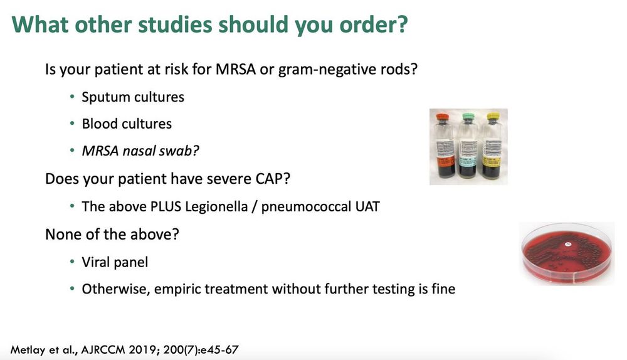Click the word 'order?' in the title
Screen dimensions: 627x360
coord(374,25)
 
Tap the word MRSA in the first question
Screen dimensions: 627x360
coord(236,69)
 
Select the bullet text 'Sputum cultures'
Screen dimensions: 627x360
coord(133,97)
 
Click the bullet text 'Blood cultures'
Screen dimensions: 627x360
coord(127,124)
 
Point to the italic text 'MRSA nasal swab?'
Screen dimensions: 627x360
coord(140,151)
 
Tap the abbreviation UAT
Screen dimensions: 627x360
coord(367,207)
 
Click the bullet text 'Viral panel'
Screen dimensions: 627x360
coord(115,262)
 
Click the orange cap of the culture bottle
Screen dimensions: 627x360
coord(443,117)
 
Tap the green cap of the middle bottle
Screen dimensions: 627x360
coord(468,117)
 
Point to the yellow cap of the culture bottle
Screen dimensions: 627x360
coord(493,117)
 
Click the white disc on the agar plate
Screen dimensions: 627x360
coord(567,243)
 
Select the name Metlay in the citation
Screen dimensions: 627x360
coord(28,350)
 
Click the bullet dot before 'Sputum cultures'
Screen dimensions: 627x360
coord(72,97)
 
